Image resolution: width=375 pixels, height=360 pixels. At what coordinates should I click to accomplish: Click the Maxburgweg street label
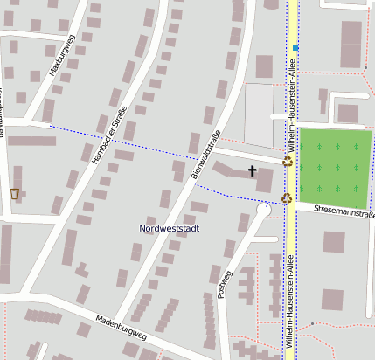coord(63,54)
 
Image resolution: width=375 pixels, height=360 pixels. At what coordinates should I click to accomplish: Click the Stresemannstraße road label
coord(344,212)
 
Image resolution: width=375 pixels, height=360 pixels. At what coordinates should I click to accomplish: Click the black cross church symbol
coord(253,170)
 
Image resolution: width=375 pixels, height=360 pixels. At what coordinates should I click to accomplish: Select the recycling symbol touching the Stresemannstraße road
coord(286,198)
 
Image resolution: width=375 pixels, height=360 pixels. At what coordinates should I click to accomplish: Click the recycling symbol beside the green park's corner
coord(287,161)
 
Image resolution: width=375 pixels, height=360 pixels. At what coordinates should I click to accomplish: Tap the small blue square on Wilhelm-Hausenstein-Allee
coord(296,47)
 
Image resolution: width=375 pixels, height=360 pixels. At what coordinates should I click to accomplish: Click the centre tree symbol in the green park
coord(337,167)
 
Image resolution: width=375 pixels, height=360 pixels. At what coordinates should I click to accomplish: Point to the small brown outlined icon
coord(14,193)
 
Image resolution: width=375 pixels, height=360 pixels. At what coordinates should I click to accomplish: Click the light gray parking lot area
coord(259,114)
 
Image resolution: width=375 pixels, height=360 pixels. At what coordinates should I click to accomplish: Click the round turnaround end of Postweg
coord(264,210)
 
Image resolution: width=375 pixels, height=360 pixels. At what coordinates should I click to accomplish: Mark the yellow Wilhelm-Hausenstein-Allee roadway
coord(291,262)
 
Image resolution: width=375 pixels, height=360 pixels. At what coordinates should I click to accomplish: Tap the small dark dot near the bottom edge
coord(311,325)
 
